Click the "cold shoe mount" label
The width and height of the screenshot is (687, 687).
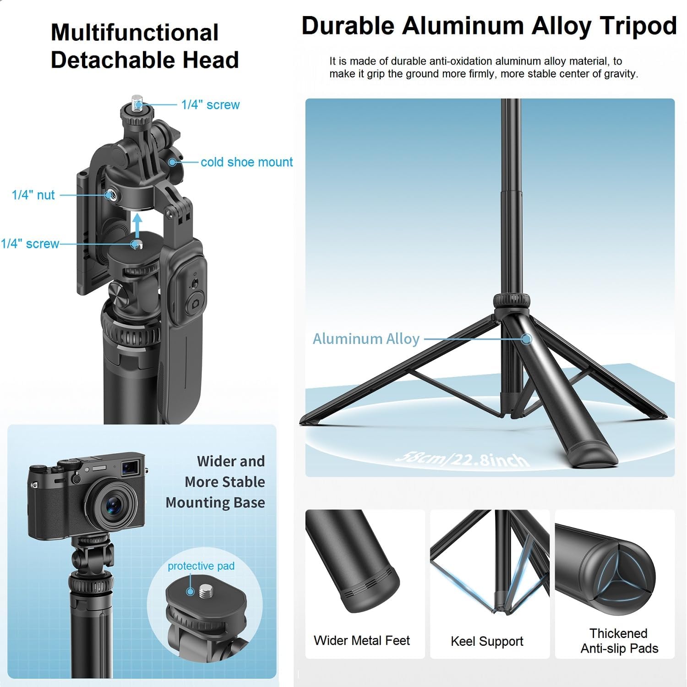(246, 162)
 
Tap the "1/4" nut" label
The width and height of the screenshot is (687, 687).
(33, 195)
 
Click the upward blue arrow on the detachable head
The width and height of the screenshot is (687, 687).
(137, 224)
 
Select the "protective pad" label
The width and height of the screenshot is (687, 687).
(201, 566)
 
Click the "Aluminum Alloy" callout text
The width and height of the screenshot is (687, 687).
(366, 339)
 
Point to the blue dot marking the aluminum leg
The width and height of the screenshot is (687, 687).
(526, 339)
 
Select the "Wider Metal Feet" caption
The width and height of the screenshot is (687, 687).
(361, 640)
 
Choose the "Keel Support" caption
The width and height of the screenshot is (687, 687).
(487, 641)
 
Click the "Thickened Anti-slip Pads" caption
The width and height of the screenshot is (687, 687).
(619, 641)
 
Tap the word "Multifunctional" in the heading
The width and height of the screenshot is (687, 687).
(135, 33)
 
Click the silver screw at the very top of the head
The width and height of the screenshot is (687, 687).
(137, 100)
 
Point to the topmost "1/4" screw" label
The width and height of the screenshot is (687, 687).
(210, 105)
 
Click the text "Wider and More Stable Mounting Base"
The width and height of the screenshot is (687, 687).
(215, 482)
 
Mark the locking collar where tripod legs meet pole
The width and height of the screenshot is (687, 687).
(512, 301)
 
